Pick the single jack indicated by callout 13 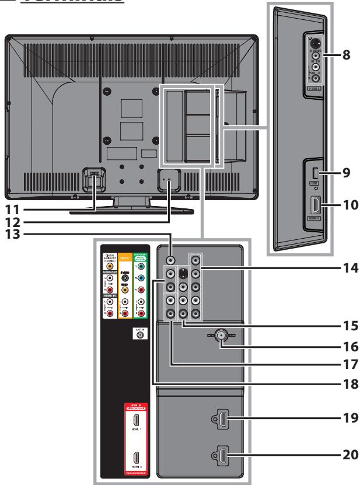pyautogui.click(x=170, y=261)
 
